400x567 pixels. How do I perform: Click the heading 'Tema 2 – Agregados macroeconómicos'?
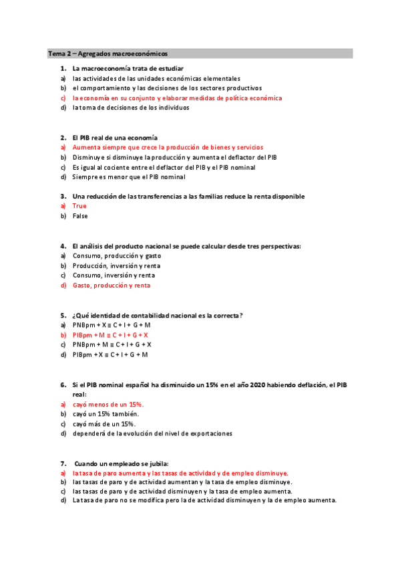(108, 53)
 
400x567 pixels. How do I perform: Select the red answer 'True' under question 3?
(79, 206)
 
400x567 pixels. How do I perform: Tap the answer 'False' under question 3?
(80, 216)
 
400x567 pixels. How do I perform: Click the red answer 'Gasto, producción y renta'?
(111, 285)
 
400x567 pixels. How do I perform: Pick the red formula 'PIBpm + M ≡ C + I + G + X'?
(110, 334)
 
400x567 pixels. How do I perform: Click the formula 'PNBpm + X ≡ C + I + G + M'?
(112, 324)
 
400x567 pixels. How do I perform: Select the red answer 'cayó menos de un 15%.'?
(108, 405)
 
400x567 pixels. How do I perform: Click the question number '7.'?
(63, 463)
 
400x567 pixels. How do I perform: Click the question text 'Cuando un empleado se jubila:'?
(122, 463)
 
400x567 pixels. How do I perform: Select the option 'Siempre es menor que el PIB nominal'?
(128, 177)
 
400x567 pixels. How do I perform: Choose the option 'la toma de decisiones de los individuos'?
(130, 107)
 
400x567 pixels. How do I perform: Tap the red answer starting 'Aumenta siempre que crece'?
(168, 147)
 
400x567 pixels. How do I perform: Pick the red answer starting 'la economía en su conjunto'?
(177, 98)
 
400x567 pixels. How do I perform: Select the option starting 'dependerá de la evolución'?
(152, 433)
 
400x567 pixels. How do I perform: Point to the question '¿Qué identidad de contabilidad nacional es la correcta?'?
(158, 315)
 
